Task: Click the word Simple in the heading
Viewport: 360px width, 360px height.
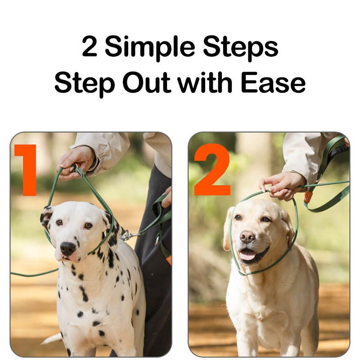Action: tap(150, 48)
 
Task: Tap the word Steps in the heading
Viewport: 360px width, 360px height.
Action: tap(241, 48)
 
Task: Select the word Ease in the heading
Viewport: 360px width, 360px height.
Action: tap(273, 82)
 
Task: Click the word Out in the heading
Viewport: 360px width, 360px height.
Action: tap(147, 82)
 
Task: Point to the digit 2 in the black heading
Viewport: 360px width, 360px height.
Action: tap(89, 46)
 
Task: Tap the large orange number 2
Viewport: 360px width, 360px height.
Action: tap(212, 170)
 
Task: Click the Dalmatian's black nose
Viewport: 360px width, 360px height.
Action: tap(67, 248)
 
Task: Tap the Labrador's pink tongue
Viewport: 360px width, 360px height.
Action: tap(247, 255)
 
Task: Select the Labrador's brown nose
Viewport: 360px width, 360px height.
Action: tap(247, 237)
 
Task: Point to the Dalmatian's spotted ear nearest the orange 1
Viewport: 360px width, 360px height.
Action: tap(46, 218)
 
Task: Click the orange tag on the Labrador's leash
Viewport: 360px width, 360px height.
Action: tap(307, 197)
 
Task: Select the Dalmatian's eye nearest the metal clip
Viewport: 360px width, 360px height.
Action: tap(88, 225)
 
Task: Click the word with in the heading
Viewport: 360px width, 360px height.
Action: tap(205, 82)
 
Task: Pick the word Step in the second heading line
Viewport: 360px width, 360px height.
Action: tap(85, 84)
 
